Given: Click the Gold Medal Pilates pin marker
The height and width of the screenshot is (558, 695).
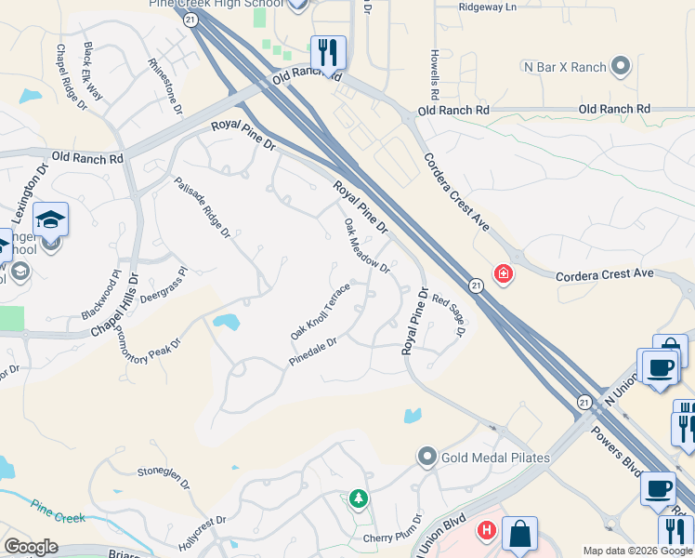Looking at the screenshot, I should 427,457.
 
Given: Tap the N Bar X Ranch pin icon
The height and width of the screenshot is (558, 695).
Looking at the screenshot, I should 622,67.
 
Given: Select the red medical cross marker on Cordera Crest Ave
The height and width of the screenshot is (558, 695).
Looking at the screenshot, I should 503,274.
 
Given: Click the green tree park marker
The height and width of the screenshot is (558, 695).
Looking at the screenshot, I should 358,500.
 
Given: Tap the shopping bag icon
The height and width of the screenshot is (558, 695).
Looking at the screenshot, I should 519,534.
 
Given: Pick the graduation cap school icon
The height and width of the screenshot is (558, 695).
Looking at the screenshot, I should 50,219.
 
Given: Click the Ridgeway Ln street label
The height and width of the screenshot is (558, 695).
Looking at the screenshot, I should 487,7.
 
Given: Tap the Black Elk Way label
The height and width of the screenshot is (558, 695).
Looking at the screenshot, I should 94,66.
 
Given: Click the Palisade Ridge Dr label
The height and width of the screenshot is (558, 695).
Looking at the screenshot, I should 202,207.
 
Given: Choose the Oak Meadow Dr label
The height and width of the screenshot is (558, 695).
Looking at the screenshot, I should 367,246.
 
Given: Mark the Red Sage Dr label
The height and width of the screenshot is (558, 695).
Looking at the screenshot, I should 447,315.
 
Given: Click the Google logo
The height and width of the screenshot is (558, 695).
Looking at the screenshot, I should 31,547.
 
